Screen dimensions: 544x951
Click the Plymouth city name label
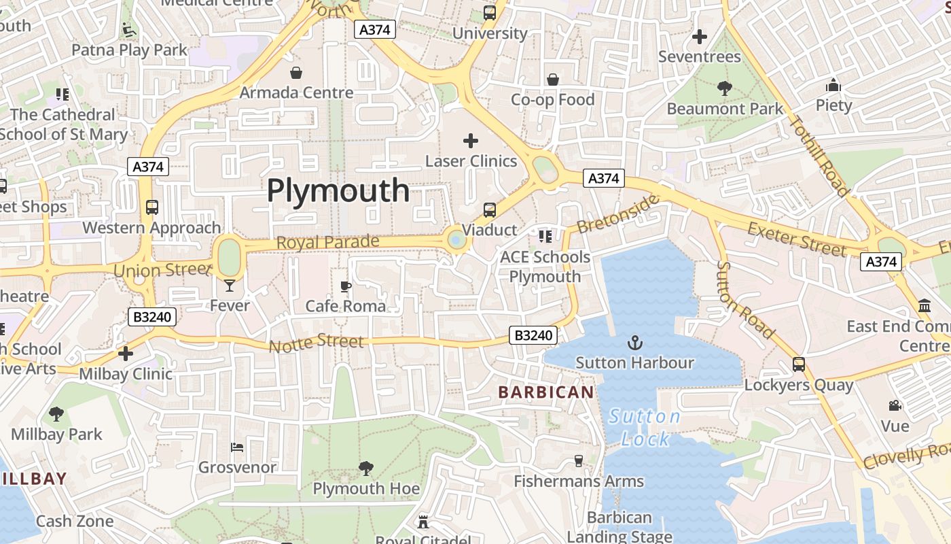338,190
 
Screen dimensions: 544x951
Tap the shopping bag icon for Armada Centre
296,73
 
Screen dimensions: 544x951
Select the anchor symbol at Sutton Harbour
635,343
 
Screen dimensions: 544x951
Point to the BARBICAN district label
546,392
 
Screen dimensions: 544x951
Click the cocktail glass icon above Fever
230,286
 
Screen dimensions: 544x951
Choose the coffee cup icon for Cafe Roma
345,286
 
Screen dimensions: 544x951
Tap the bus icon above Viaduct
489,210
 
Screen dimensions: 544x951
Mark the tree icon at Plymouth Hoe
365,468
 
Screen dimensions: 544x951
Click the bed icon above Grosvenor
237,447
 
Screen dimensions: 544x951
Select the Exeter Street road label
797,239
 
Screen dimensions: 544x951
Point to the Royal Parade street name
327,243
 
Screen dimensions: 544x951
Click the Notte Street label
316,342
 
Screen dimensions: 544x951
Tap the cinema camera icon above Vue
895,406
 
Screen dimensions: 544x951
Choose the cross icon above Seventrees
699,37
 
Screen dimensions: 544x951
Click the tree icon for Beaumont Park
725,88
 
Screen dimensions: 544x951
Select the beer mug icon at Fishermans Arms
579,461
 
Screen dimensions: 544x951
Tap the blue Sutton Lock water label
645,428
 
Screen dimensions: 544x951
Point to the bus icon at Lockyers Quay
799,364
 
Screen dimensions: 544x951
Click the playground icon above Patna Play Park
128,29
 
